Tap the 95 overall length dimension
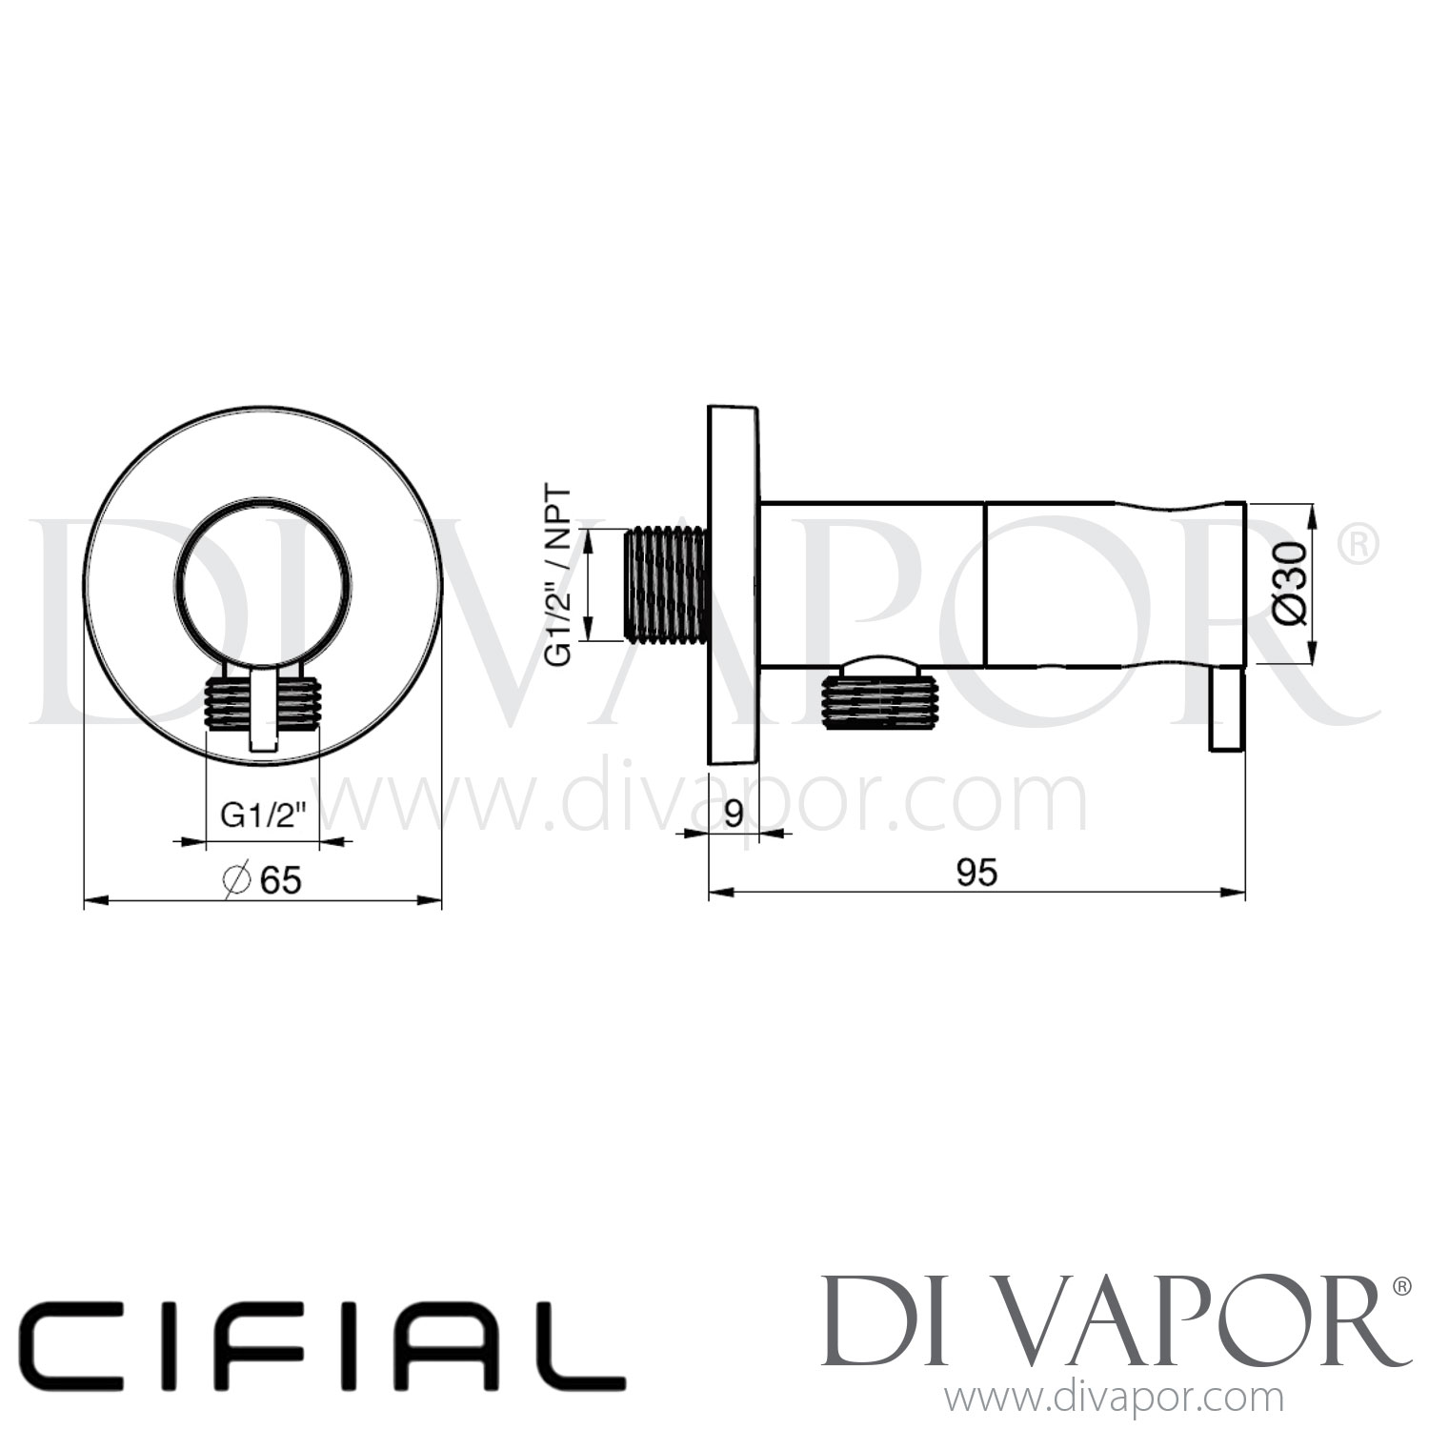[976, 872]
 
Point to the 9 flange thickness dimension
[734, 814]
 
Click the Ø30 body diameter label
[1289, 582]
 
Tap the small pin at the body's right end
[1227, 709]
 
